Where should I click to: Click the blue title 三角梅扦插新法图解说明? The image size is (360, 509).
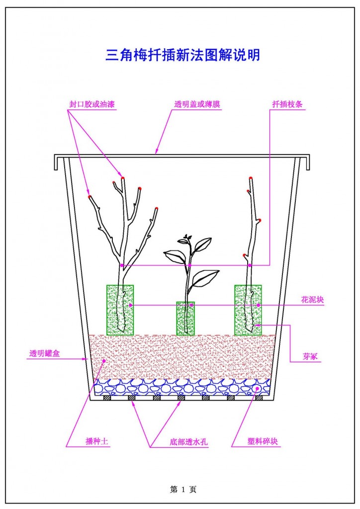click(182, 55)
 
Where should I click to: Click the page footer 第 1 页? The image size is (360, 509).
click(183, 490)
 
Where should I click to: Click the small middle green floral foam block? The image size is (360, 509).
click(185, 318)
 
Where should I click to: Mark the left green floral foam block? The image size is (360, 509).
click(120, 310)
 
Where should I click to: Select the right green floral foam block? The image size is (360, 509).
click(248, 310)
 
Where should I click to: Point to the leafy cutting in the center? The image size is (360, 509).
click(189, 268)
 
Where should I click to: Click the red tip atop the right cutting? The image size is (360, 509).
click(251, 177)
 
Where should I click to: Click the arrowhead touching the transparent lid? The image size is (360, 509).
click(157, 152)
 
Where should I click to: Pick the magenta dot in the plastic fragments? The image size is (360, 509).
click(257, 388)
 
